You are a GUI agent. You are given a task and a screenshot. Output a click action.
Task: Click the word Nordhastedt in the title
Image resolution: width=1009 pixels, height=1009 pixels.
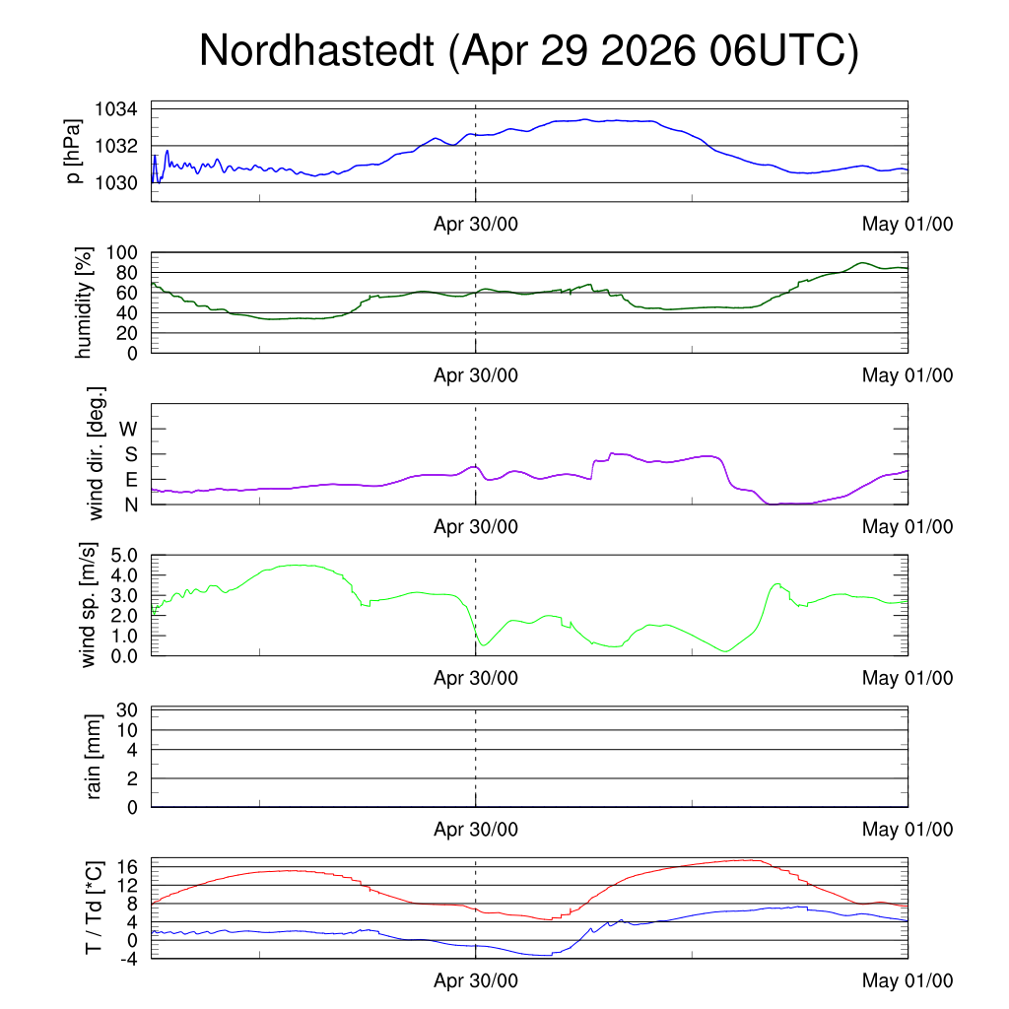point(316,50)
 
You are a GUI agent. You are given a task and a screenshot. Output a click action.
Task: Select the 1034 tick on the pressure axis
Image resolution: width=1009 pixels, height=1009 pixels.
point(116,109)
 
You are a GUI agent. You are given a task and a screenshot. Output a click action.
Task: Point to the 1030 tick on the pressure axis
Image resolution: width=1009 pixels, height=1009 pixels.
point(116,183)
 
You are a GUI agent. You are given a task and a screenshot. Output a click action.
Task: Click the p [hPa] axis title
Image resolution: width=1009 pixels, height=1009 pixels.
point(74,151)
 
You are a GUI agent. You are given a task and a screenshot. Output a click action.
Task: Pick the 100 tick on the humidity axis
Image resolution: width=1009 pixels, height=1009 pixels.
point(121,253)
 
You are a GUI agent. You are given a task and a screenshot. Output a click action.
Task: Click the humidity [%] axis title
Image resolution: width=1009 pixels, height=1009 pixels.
point(84,303)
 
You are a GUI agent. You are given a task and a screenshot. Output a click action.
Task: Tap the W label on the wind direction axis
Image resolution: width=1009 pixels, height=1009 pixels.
point(129,430)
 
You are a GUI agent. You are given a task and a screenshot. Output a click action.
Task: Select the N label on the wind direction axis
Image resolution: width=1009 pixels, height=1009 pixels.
point(131,505)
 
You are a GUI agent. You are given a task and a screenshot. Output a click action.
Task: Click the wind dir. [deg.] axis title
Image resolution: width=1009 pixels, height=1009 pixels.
point(96,453)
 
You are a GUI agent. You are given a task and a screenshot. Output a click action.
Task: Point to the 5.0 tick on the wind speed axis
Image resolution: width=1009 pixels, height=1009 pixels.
point(124,556)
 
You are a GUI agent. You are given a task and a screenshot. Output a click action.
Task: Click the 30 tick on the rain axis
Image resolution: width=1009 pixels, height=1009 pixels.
point(127,710)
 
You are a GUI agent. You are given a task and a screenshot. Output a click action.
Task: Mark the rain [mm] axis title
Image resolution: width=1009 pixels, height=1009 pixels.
point(94,757)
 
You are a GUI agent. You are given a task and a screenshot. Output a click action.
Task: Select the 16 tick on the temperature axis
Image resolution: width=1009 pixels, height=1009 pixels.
point(127,867)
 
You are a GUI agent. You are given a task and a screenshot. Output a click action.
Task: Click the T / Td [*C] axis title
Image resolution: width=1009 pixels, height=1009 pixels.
point(94,908)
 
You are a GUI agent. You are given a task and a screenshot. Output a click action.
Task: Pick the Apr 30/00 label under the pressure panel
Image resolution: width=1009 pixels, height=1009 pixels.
point(476,224)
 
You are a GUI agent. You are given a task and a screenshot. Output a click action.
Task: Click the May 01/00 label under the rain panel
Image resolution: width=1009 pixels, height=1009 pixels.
point(908,830)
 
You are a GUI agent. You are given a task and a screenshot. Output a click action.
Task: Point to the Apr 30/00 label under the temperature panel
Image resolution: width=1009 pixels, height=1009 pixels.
point(476,980)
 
